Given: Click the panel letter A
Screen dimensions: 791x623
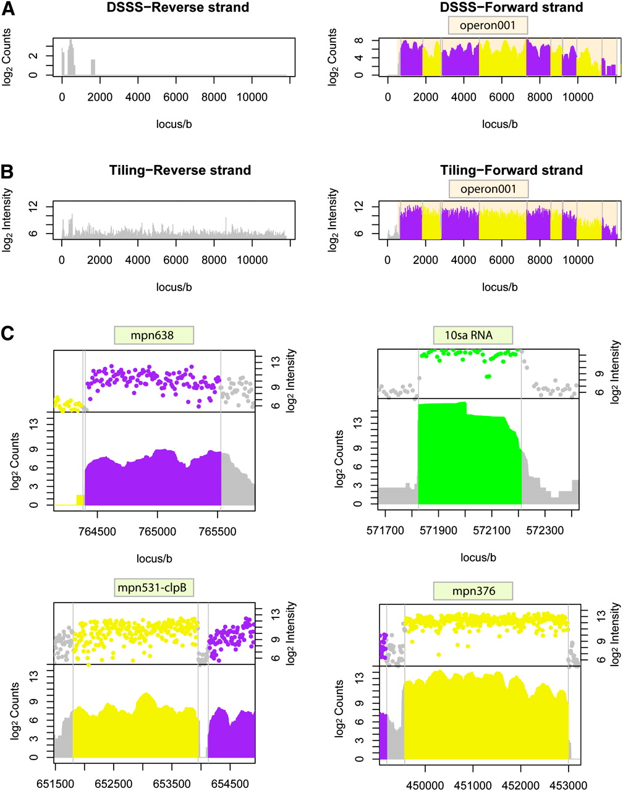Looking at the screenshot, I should click(x=8, y=8).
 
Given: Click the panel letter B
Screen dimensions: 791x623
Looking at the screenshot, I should click(x=8, y=171).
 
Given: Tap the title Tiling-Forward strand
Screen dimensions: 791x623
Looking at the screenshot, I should click(x=511, y=170).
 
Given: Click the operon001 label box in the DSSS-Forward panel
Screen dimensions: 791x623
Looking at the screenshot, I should click(x=488, y=25).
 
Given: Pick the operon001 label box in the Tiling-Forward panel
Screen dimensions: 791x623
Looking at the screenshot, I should click(x=488, y=188).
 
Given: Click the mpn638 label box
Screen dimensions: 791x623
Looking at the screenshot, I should click(x=154, y=336).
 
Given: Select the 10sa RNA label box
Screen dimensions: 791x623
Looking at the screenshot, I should click(x=473, y=336).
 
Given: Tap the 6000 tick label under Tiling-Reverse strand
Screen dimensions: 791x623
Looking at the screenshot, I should click(x=176, y=260).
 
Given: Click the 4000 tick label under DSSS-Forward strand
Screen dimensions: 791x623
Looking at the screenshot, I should click(x=464, y=98).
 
